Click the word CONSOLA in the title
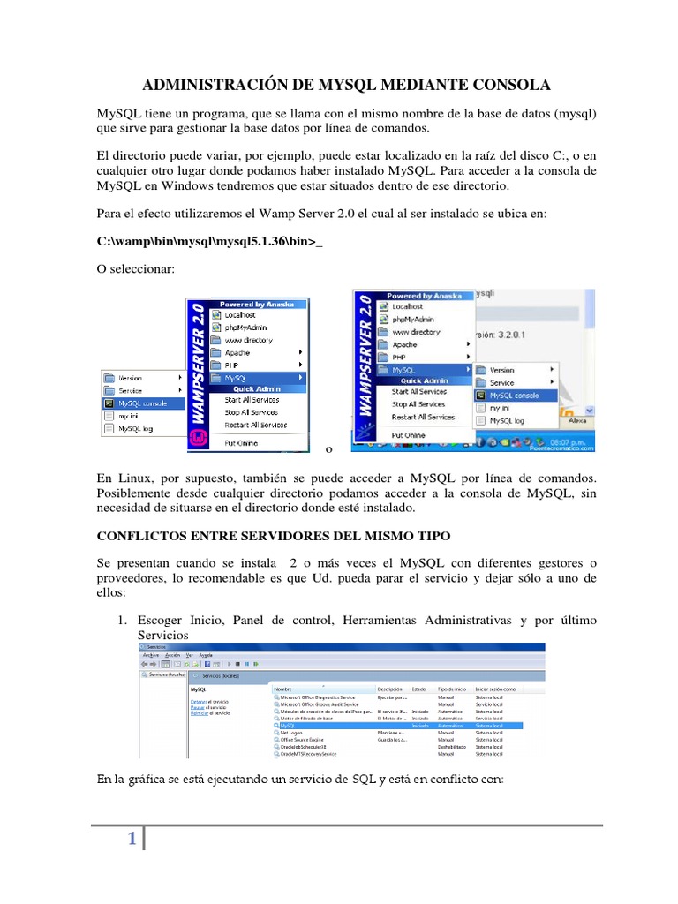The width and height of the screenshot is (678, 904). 507,85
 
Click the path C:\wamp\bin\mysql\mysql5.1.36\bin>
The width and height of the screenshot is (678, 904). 208,241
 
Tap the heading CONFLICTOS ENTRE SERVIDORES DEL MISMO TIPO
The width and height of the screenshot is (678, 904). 273,536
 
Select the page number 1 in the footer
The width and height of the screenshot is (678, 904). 132,840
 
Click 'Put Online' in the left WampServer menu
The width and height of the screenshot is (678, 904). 241,442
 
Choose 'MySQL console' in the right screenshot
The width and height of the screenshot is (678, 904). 514,395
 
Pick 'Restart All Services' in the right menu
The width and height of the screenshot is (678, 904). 424,417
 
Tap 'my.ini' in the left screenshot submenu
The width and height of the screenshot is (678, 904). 128,415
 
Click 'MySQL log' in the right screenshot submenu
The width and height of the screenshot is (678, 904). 507,421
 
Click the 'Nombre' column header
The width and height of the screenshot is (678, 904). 283,689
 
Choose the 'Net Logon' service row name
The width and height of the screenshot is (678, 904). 291,732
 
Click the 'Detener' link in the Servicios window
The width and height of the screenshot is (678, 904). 198,702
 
